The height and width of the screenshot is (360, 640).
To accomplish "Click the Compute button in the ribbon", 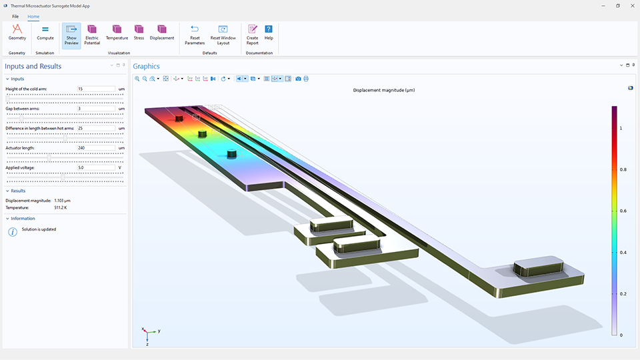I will pyautogui.click(x=45, y=33).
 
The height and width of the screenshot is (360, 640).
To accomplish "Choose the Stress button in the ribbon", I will pyautogui.click(x=139, y=33).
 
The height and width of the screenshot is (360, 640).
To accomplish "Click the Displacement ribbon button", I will pyautogui.click(x=161, y=33).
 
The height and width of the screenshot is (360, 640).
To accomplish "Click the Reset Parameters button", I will pyautogui.click(x=195, y=34).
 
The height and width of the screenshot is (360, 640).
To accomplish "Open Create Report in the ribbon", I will pyautogui.click(x=252, y=34).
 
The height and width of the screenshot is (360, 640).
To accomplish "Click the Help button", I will pyautogui.click(x=269, y=33).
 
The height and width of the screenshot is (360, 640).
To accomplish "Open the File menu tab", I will pyautogui.click(x=15, y=16).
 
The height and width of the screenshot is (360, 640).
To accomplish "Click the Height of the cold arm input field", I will pyautogui.click(x=96, y=89).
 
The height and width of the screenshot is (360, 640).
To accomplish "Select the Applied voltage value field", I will pyautogui.click(x=96, y=167).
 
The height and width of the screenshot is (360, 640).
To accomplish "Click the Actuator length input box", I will pyautogui.click(x=96, y=148).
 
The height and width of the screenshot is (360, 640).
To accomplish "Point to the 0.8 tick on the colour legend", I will pyautogui.click(x=622, y=170).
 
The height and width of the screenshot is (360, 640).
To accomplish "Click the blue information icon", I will pyautogui.click(x=12, y=231).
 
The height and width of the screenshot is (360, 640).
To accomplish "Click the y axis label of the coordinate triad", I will pyautogui.click(x=159, y=331).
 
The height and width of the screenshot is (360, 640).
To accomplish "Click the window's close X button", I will pyautogui.click(x=631, y=5).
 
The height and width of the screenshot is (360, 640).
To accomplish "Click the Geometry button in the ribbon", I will pyautogui.click(x=17, y=33).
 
